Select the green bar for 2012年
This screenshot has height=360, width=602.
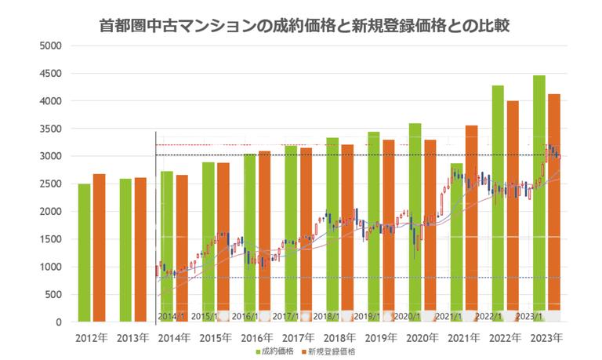(x=84, y=253)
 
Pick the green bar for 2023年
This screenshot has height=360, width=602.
(x=539, y=196)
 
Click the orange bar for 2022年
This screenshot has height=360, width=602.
(x=513, y=210)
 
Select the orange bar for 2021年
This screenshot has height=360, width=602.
(x=471, y=224)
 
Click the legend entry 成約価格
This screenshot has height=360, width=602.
(x=275, y=351)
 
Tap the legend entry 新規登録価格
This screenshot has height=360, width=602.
(x=334, y=351)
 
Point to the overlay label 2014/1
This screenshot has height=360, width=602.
(x=172, y=315)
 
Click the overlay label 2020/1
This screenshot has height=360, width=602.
(x=408, y=315)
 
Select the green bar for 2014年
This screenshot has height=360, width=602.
(x=167, y=246)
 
